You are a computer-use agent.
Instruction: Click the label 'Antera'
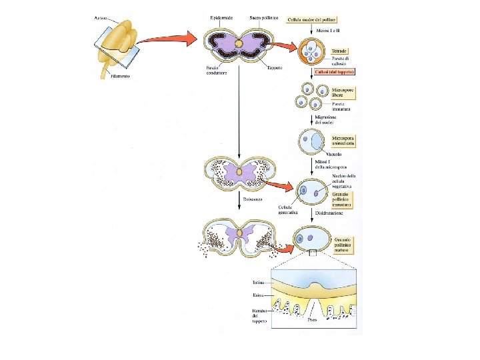[102, 18]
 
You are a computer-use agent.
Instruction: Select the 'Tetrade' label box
[339, 50]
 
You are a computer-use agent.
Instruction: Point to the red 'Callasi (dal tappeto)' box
[339, 71]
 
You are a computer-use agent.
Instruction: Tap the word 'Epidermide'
[221, 17]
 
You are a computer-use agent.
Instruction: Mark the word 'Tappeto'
[274, 67]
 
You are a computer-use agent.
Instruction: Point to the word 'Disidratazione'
[329, 213]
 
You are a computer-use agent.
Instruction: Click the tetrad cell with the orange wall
[313, 51]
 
